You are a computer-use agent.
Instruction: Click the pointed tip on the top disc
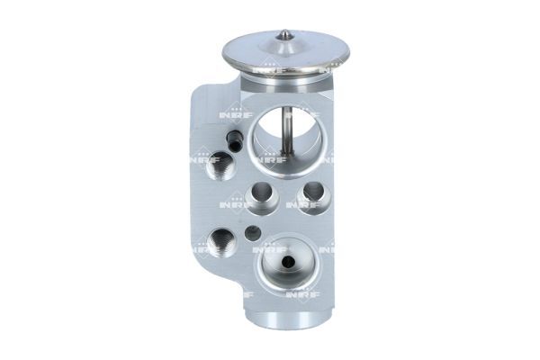click(x=285, y=35)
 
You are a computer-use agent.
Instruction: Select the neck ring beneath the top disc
click(x=286, y=84)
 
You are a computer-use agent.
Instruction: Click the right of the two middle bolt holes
click(x=312, y=193)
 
